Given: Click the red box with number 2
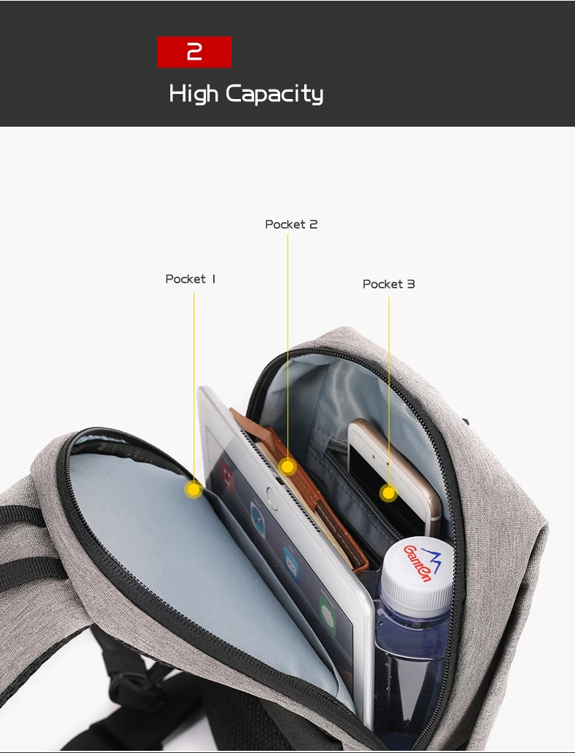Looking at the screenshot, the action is (194, 52).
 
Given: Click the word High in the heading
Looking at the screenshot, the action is (194, 94).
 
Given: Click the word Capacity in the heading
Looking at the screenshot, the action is (274, 94).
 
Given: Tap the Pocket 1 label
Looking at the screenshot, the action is (191, 279).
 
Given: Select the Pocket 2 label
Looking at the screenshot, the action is (291, 224).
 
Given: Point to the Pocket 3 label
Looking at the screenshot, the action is (389, 284).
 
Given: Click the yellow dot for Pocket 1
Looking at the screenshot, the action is (193, 489).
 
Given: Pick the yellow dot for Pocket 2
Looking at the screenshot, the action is (288, 466).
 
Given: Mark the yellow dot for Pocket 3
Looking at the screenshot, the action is (389, 493).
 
